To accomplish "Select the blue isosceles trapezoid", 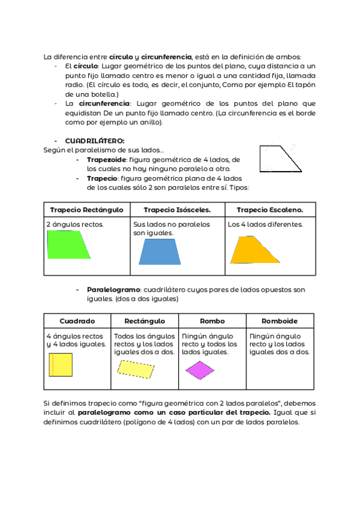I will [160, 252].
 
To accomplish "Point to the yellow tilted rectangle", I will [136, 369].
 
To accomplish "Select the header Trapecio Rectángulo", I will [86, 209].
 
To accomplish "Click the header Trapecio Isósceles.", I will [178, 209].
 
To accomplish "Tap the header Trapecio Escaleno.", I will [269, 209].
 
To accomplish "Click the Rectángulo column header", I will [145, 321].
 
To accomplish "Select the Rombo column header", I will [212, 321].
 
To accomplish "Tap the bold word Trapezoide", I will [107, 160].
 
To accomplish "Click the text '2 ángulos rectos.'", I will [75, 224].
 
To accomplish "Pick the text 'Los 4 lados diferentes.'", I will [265, 224].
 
